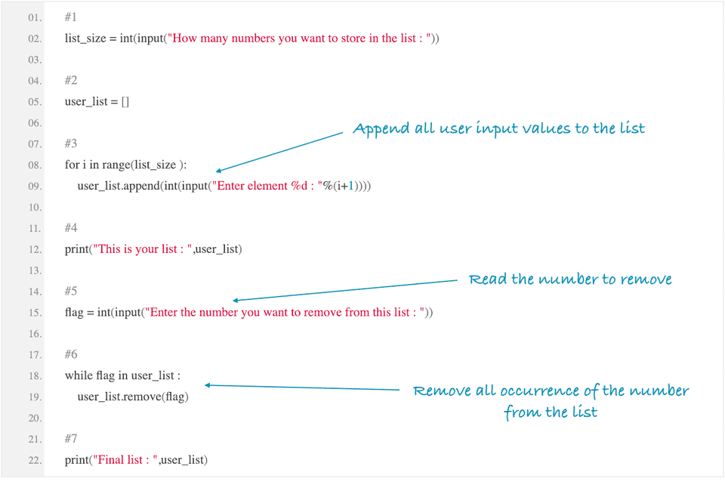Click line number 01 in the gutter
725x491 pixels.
pyautogui.click(x=34, y=17)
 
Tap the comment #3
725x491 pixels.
pyautogui.click(x=71, y=144)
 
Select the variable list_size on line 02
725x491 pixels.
pyautogui.click(x=85, y=38)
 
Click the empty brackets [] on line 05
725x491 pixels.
pyautogui.click(x=125, y=101)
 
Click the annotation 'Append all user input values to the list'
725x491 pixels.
pyautogui.click(x=498, y=128)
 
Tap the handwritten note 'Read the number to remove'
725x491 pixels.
pyautogui.click(x=570, y=279)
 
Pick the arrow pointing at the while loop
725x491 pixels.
pyautogui.click(x=302, y=388)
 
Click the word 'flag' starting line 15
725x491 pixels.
pyautogui.click(x=74, y=313)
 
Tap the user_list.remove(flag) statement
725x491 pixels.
pyautogui.click(x=133, y=397)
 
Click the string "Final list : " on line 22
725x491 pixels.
pyautogui.click(x=125, y=460)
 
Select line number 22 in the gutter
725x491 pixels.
pyautogui.click(x=34, y=460)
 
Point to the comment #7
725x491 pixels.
pyautogui.click(x=71, y=439)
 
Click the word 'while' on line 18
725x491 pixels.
pyautogui.click(x=79, y=375)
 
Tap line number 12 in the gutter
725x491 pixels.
pyautogui.click(x=34, y=249)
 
